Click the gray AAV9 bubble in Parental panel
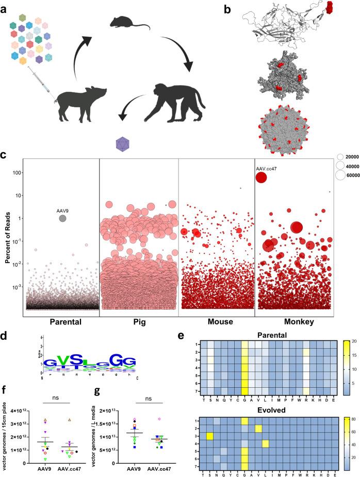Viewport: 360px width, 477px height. (62, 219)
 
